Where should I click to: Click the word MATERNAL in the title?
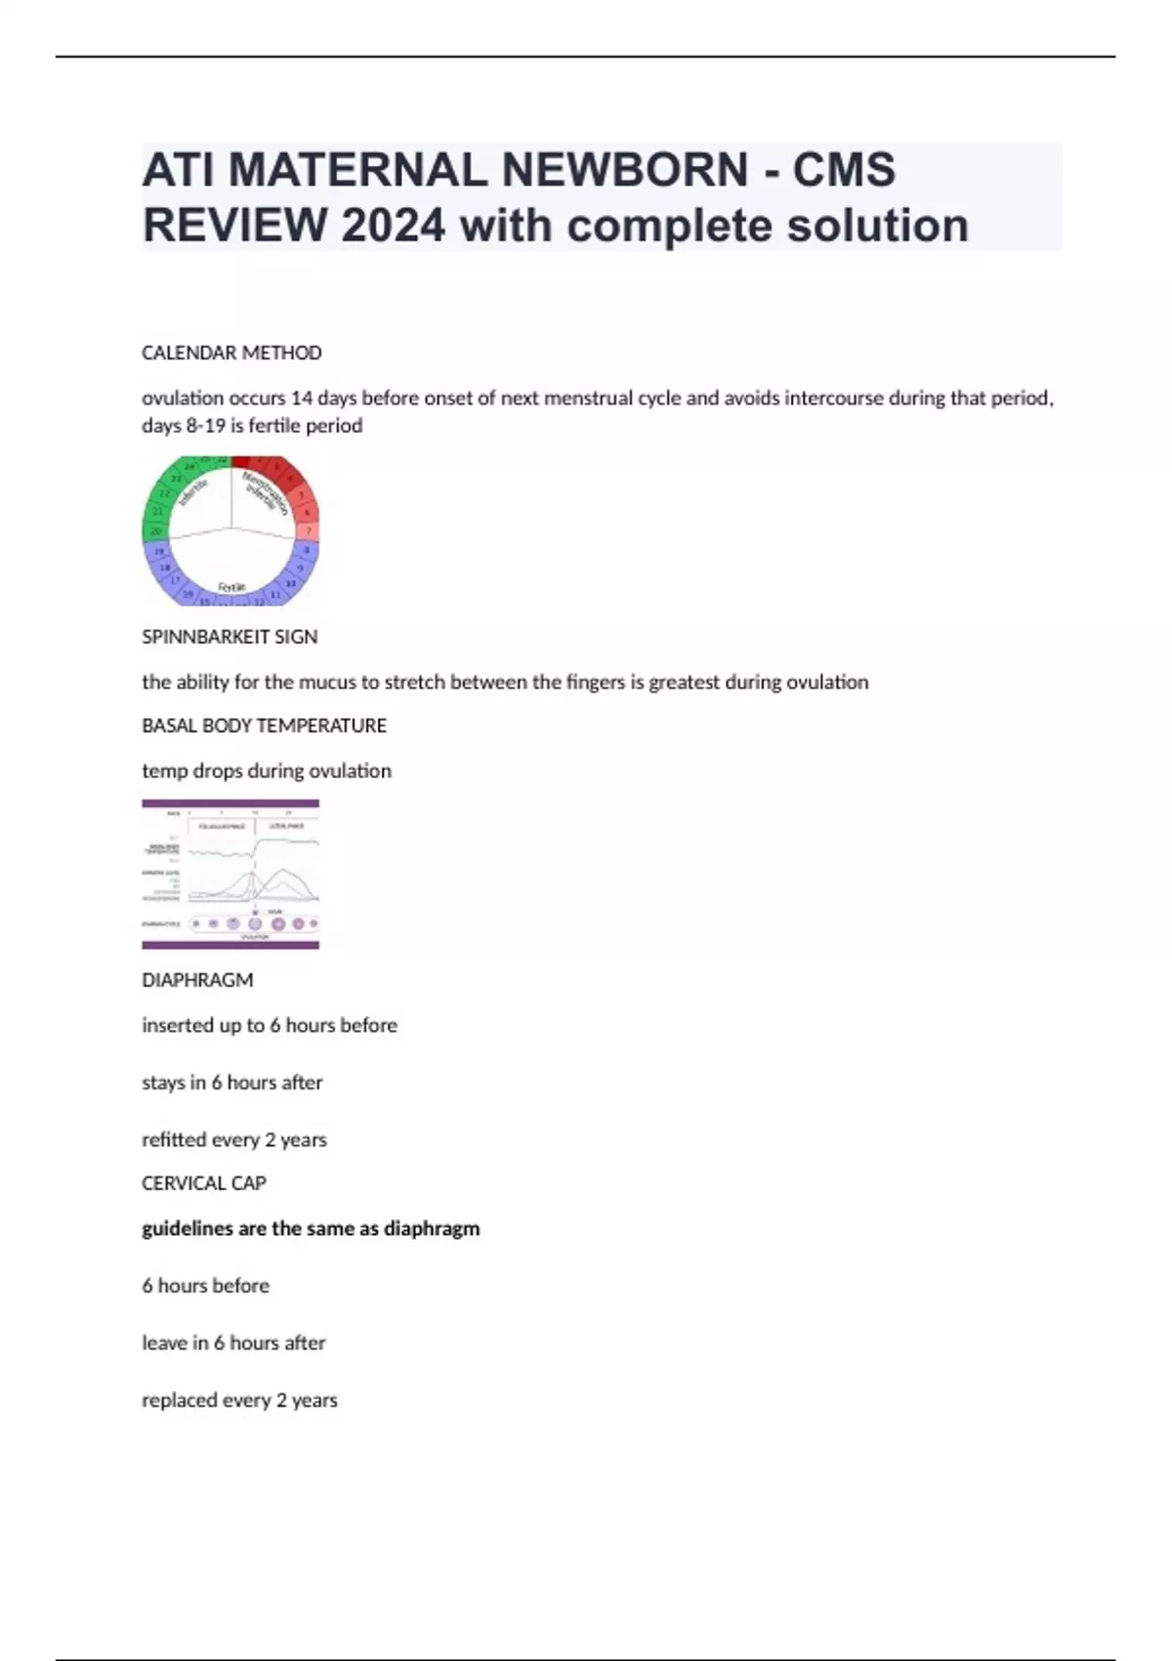click(357, 171)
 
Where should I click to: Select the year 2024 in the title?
click(393, 227)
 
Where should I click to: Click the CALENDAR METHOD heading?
click(231, 353)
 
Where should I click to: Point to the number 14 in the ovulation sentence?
click(302, 399)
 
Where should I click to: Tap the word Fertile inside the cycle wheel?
click(231, 587)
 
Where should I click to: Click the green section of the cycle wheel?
click(166, 498)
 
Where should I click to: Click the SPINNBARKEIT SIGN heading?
click(230, 637)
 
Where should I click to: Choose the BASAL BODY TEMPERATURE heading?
click(264, 726)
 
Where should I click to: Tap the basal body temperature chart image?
click(230, 874)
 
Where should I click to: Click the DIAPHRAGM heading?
click(197, 980)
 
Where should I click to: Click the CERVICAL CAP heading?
click(204, 1183)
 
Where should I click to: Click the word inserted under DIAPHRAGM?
click(177, 1026)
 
